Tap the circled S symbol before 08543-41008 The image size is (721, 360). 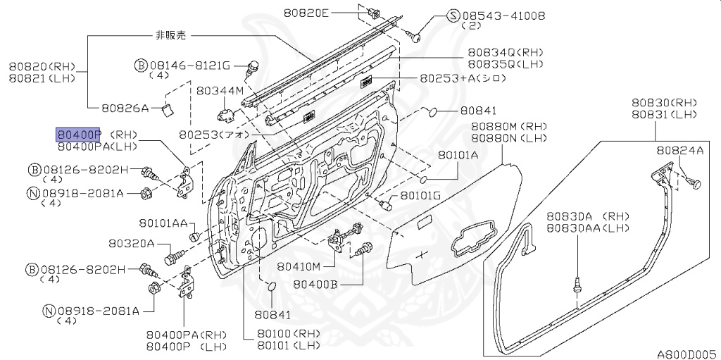453,15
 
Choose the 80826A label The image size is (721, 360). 124,108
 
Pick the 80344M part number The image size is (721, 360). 220,91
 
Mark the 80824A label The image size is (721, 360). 679,150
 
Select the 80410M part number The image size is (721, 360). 299,266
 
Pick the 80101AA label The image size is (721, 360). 163,223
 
